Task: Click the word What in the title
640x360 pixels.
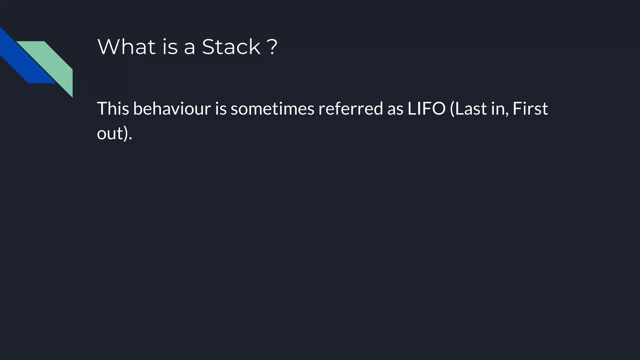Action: (127, 47)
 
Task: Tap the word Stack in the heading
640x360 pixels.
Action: (231, 47)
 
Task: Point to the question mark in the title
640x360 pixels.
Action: (272, 47)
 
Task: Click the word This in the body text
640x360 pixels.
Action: (113, 108)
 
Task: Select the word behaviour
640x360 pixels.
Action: (172, 108)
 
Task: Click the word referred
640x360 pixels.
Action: (351, 108)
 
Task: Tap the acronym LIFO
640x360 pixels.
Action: (426, 108)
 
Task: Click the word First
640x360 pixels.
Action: (530, 108)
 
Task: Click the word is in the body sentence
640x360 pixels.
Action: (221, 108)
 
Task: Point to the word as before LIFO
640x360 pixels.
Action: (395, 108)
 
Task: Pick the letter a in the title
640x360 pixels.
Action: (189, 47)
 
